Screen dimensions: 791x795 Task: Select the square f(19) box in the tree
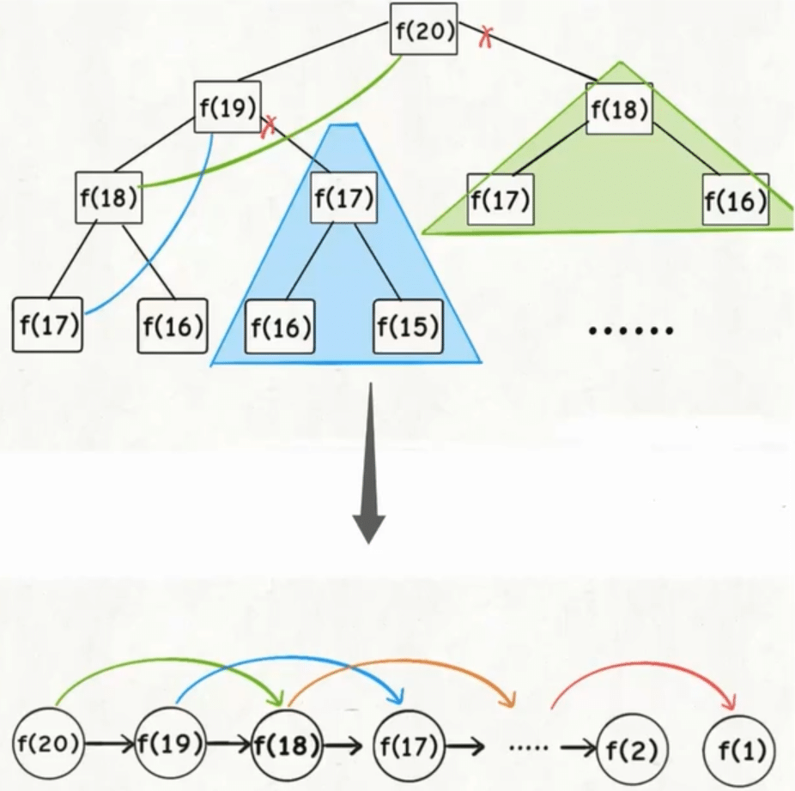227,107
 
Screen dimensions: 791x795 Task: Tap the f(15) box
407,326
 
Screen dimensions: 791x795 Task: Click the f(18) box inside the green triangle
620,109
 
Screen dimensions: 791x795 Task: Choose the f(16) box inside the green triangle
735,199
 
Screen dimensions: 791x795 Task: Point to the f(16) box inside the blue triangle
279,326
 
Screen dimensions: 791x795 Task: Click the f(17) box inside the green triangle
501,199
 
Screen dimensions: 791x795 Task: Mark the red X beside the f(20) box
485,35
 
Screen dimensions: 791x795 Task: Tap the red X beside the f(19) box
269,125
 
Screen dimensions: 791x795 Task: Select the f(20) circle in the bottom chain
48,743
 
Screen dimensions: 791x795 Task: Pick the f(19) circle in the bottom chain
170,743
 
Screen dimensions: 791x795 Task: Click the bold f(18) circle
287,743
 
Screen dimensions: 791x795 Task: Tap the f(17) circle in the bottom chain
408,743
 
